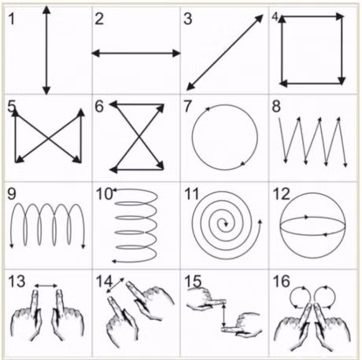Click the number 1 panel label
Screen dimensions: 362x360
[12, 19]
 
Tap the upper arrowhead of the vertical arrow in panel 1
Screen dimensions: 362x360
[46, 10]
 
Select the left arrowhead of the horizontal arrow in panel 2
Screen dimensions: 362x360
[95, 53]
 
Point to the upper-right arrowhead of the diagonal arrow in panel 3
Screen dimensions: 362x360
[259, 19]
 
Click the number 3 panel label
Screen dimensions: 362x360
[188, 19]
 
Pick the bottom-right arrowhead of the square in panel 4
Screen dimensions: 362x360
[342, 81]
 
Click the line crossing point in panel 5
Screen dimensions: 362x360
[48, 138]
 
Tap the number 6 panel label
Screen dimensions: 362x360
[99, 107]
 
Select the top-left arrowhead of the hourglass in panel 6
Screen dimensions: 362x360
[113, 105]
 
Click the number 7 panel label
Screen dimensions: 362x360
[188, 107]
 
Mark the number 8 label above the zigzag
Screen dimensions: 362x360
[276, 107]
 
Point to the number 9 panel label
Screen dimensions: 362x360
[12, 194]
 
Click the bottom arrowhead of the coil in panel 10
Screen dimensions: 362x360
[114, 261]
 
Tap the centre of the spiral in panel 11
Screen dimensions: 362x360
[226, 224]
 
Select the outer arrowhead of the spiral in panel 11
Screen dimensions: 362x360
[260, 222]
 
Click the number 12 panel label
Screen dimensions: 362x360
[282, 194]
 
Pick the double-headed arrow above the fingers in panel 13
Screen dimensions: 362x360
[46, 285]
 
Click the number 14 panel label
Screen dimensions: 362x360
[104, 281]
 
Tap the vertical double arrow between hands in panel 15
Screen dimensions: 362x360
[223, 315]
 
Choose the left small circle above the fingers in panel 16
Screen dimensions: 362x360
[301, 298]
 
